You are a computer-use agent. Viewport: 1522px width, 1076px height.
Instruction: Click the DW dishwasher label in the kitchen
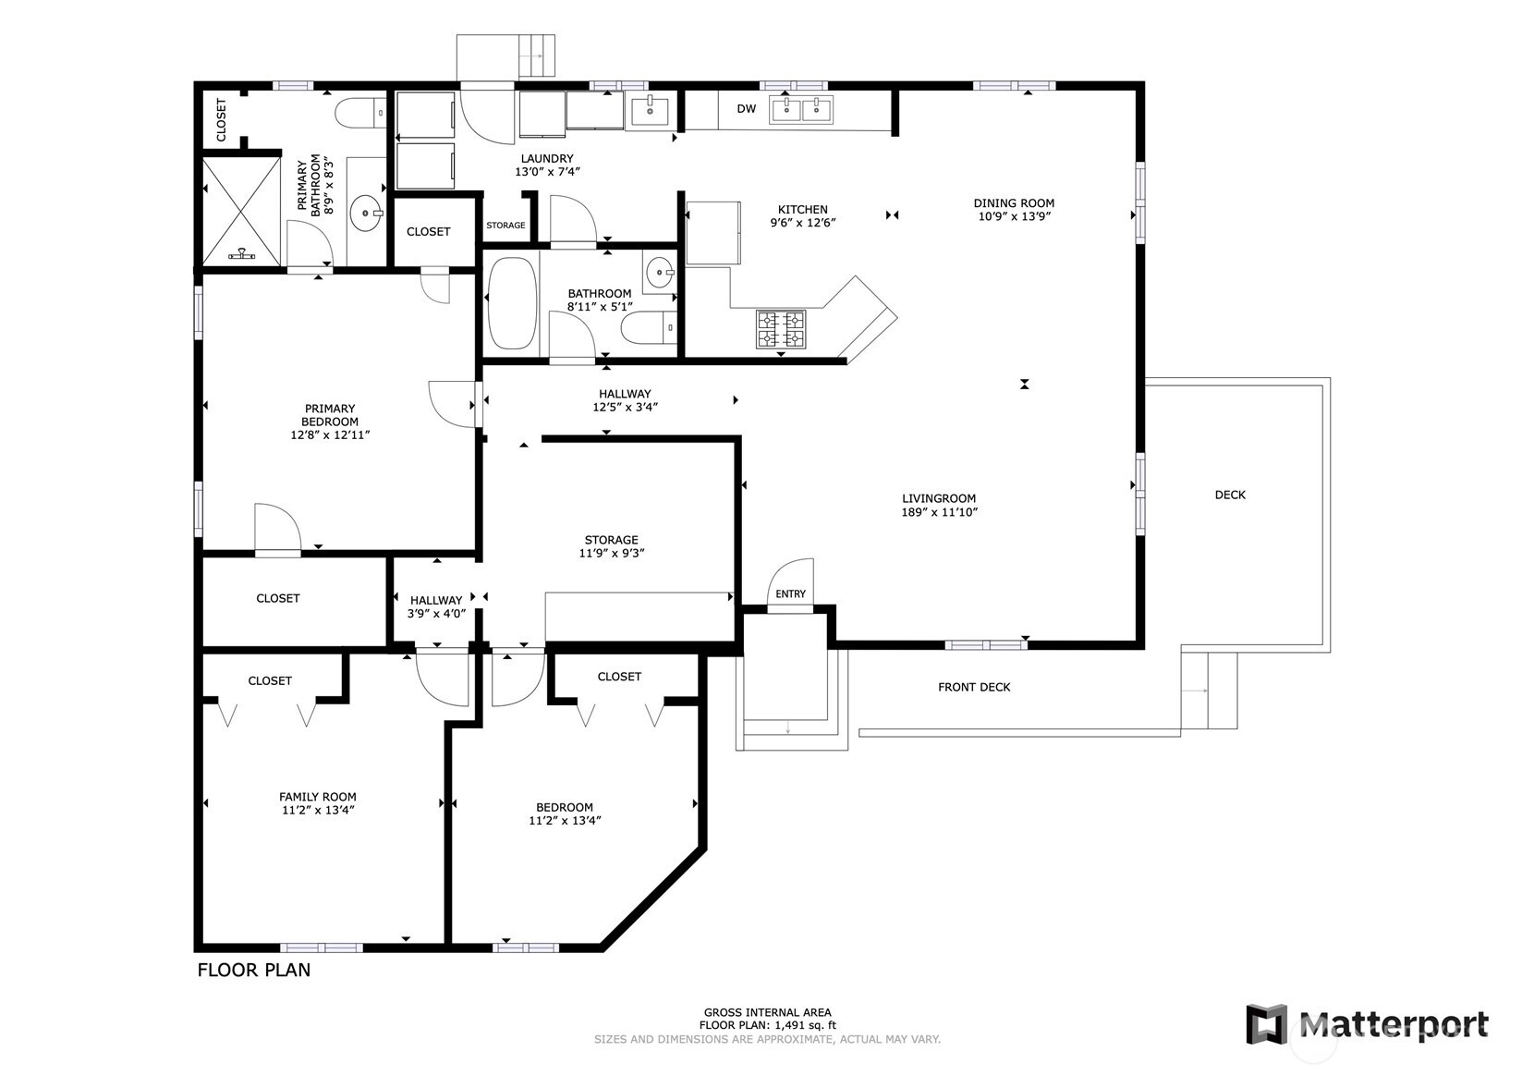click(x=746, y=109)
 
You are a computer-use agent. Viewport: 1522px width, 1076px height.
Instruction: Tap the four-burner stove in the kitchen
click(x=781, y=329)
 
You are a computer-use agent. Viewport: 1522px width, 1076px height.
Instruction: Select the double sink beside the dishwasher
click(x=801, y=109)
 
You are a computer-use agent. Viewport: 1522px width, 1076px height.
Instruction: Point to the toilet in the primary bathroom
click(x=359, y=114)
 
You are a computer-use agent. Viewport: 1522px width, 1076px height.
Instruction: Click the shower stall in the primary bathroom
click(x=241, y=212)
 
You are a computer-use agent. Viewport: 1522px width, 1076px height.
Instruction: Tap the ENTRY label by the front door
click(x=790, y=594)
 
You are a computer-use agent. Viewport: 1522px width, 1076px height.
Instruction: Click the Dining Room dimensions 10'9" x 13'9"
click(x=1013, y=217)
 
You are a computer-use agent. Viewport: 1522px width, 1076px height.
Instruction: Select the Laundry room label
click(x=547, y=159)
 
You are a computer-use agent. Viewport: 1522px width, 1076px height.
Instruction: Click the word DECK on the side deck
click(x=1229, y=495)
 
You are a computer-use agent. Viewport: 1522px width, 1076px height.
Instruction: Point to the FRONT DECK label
click(x=973, y=688)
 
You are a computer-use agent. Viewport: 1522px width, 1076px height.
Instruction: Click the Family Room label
click(x=317, y=797)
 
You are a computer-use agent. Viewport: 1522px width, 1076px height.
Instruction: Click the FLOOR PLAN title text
click(x=254, y=971)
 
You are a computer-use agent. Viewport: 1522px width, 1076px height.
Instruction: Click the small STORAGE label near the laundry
click(x=505, y=226)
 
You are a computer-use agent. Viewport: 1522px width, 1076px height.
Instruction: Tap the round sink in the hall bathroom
click(x=660, y=272)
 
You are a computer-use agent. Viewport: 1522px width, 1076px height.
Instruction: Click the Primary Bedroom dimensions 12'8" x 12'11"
click(x=330, y=434)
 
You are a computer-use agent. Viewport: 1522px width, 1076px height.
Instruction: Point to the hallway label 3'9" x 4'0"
click(x=436, y=614)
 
